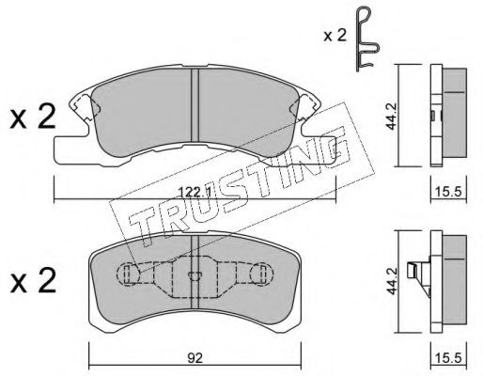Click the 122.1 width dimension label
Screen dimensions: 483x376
click(x=195, y=192)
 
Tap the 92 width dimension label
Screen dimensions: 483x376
click(x=195, y=358)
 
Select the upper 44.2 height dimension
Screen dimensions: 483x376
click(x=392, y=116)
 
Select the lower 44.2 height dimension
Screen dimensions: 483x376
click(x=392, y=281)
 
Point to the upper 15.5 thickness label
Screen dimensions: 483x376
click(x=448, y=191)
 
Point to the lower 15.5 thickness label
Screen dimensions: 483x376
click(x=448, y=358)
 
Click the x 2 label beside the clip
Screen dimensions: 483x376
click(x=335, y=36)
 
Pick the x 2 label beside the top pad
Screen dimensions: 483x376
click(x=33, y=117)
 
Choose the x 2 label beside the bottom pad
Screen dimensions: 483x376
click(x=33, y=281)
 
